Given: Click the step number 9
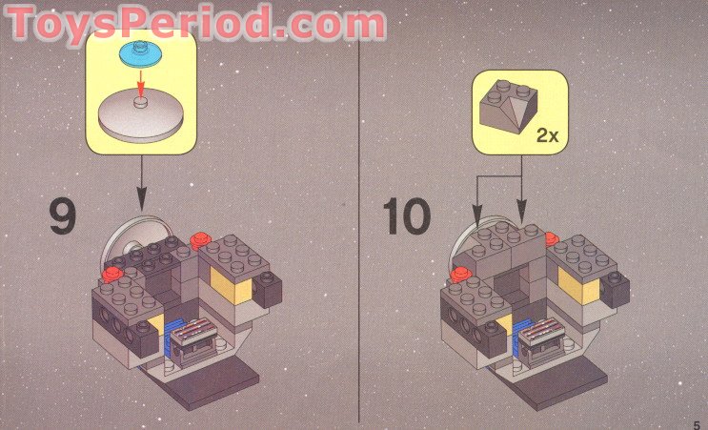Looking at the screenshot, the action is (x=63, y=217).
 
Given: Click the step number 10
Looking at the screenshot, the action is (x=406, y=216).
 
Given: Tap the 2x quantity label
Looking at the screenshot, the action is (x=547, y=135).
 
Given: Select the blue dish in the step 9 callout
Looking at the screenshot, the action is (x=140, y=53).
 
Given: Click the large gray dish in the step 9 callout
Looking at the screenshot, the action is (x=140, y=115).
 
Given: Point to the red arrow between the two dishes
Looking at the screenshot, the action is (x=141, y=83).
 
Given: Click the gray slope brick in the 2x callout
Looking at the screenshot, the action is (x=509, y=106).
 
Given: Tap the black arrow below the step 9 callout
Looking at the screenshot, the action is (x=141, y=183).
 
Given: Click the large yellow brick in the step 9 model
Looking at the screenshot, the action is (x=232, y=284).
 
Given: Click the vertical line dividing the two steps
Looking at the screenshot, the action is (x=359, y=215).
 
